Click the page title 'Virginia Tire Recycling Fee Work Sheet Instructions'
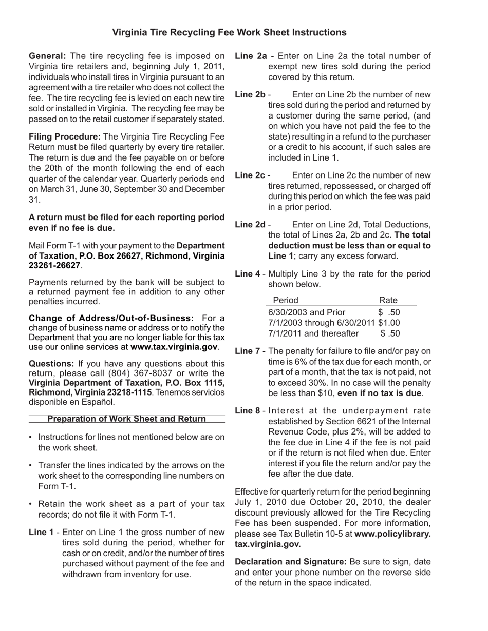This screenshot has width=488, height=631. point(229,33)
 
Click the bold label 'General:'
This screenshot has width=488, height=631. point(47,56)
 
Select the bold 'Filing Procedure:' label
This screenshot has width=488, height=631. point(65,136)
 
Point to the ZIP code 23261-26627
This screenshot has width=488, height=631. point(54,265)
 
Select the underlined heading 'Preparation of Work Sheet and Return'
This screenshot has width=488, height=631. point(126,419)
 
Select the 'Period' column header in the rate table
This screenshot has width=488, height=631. point(285,300)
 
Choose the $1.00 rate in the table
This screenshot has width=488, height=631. point(389,323)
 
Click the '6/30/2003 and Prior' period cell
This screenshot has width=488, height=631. point(307,312)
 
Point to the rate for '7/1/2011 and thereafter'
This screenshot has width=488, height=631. point(390,333)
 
